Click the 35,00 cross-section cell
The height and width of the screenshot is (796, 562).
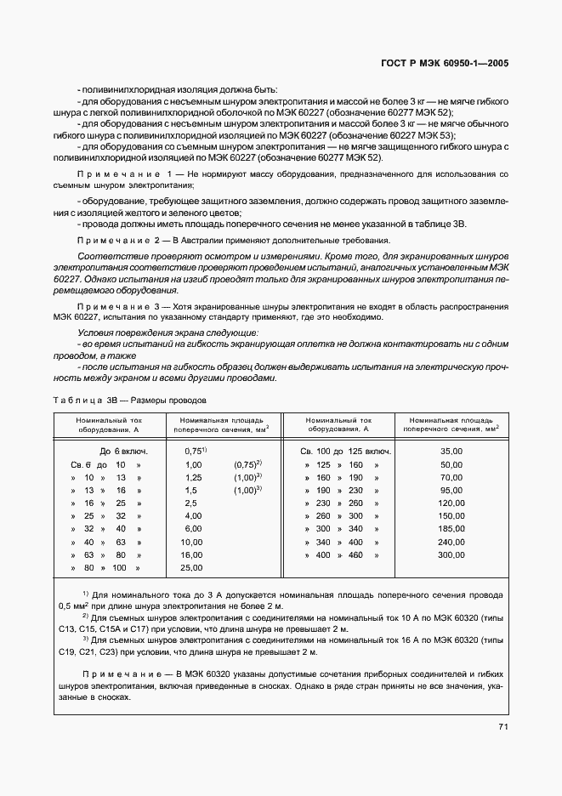click(451, 451)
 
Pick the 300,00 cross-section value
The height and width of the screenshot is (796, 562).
click(451, 555)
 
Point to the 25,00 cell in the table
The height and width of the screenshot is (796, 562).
click(192, 568)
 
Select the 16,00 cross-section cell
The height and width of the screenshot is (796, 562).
click(192, 555)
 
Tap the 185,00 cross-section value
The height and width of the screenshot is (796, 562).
click(451, 529)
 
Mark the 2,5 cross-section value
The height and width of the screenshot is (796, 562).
click(190, 503)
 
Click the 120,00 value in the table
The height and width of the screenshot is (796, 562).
click(451, 503)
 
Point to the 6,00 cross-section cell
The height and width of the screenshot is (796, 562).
click(192, 529)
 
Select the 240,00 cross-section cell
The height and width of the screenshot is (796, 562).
click(451, 542)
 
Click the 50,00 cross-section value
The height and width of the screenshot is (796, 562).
click(451, 464)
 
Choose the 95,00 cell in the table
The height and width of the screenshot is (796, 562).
click(451, 491)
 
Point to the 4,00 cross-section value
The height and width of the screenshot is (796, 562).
click(192, 516)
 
